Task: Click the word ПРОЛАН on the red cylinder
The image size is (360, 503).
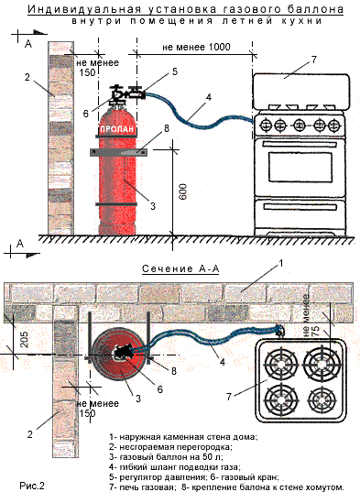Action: coord(116,129)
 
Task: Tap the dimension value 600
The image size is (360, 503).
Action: coord(182,191)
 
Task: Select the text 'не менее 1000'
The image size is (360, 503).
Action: coord(196,47)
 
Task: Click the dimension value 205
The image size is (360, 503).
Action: coord(24,339)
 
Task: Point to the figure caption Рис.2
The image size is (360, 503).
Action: coord(32,486)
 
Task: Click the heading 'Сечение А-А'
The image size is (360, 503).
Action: coord(180,268)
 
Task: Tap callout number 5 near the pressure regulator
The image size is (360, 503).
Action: coord(175,71)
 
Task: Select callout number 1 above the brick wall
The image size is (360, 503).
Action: coord(281,264)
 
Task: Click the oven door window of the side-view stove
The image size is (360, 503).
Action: coord(300,168)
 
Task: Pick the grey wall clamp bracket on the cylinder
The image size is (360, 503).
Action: coord(118,152)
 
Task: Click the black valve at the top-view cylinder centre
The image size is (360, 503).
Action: coord(122,353)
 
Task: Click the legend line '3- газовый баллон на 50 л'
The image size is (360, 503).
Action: coord(166,456)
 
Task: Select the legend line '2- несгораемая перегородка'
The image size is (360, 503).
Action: coord(170,446)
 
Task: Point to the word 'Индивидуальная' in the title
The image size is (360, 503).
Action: coord(84,9)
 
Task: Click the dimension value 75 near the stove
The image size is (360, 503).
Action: coord(315,330)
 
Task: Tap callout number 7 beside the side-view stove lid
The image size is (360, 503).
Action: coord(313,60)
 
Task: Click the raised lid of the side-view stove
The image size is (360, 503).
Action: coord(300,91)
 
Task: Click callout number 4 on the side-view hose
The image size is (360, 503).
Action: coord(209,97)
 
